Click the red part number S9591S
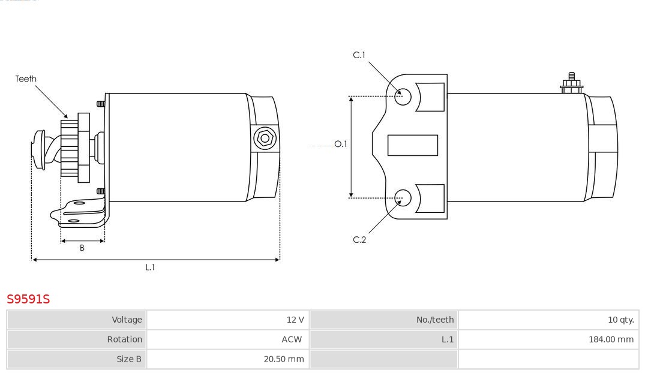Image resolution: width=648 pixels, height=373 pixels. [x=28, y=299]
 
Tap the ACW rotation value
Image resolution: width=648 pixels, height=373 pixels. [x=292, y=339]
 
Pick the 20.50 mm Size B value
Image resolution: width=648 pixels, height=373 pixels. [x=284, y=359]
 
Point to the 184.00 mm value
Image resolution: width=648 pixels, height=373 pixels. [x=611, y=339]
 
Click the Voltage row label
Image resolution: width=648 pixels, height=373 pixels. [x=127, y=320]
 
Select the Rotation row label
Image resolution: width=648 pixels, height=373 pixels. [x=124, y=339]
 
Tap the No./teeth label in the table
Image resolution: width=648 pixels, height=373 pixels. [x=435, y=320]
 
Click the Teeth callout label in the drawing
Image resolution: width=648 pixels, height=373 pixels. [x=26, y=79]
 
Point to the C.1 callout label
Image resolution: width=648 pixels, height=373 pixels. [x=359, y=55]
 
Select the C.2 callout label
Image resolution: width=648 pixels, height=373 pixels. [x=359, y=240]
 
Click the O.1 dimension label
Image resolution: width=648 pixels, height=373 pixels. [x=341, y=144]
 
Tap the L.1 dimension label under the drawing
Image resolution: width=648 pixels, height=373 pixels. [x=150, y=267]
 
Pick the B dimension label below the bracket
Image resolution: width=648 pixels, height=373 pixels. [x=82, y=248]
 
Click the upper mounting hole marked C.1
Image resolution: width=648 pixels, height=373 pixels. [x=403, y=97]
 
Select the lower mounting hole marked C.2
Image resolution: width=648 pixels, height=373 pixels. [x=403, y=198]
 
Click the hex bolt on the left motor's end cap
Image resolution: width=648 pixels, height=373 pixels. [x=265, y=139]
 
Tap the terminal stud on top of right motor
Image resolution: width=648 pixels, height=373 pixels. [x=572, y=83]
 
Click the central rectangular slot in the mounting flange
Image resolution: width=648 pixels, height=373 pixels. [x=413, y=145]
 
